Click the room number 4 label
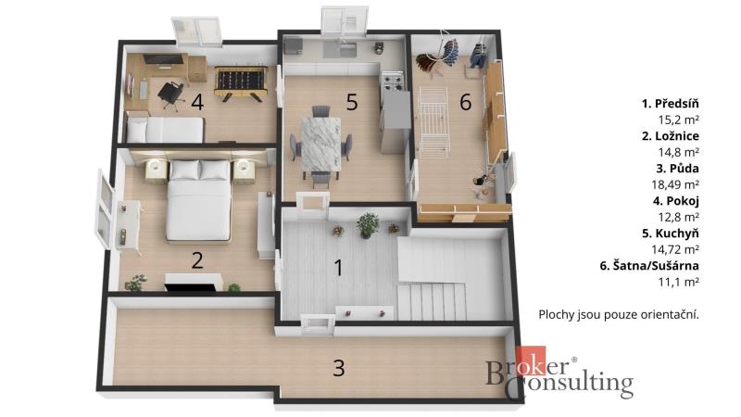click(197, 102)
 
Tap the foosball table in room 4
click(241, 83)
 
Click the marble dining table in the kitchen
click(320, 143)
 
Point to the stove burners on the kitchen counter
click(392, 81)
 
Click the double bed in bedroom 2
click(199, 200)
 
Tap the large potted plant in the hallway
click(368, 225)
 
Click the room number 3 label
click(339, 368)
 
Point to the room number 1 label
click(338, 268)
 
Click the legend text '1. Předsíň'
click(670, 104)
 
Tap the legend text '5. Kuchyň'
click(670, 234)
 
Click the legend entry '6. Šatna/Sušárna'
click(649, 266)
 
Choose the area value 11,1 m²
click(679, 283)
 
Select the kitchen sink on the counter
click(340, 49)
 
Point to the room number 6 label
click(466, 102)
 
